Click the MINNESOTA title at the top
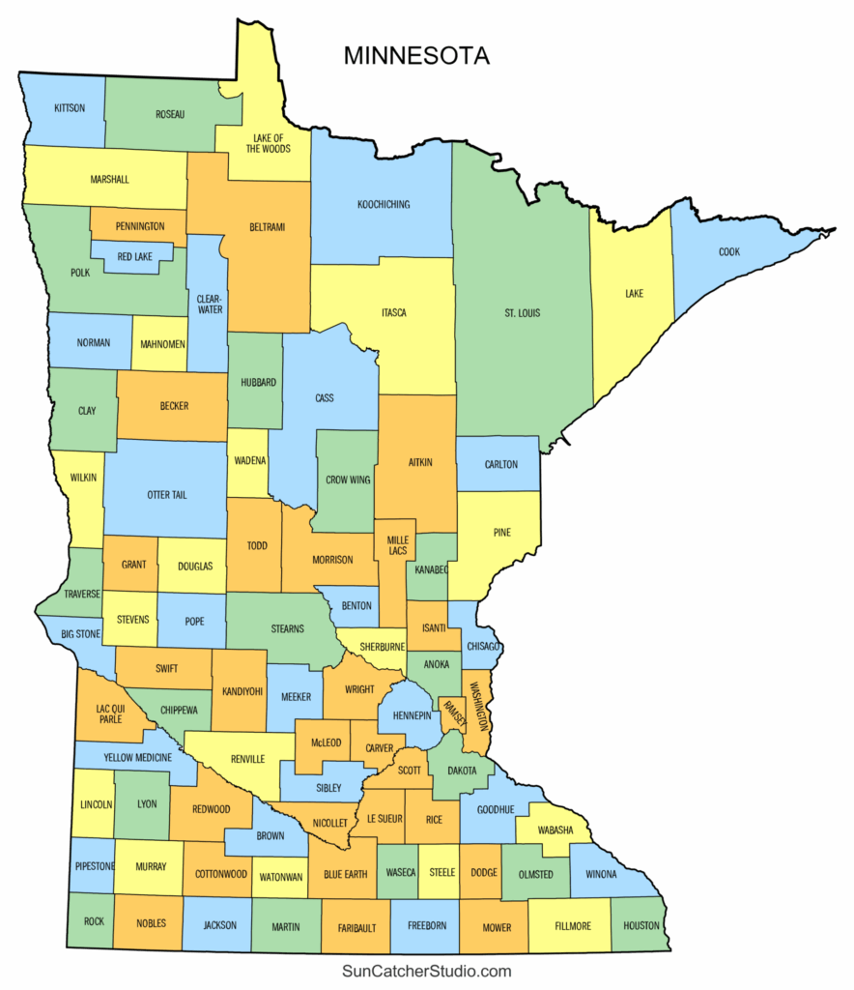pyautogui.click(x=416, y=56)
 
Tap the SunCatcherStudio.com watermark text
pyautogui.click(x=426, y=971)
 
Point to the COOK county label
pyautogui.click(x=728, y=252)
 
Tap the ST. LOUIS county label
pyautogui.click(x=522, y=313)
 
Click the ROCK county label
pyautogui.click(x=94, y=921)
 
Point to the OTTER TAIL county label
pyautogui.click(x=166, y=495)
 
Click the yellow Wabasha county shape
pyautogui.click(x=551, y=830)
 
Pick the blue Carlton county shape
pyautogui.click(x=498, y=464)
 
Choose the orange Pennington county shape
pyautogui.click(x=138, y=225)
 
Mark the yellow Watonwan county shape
pyautogui.click(x=280, y=877)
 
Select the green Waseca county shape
pyautogui.click(x=399, y=872)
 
